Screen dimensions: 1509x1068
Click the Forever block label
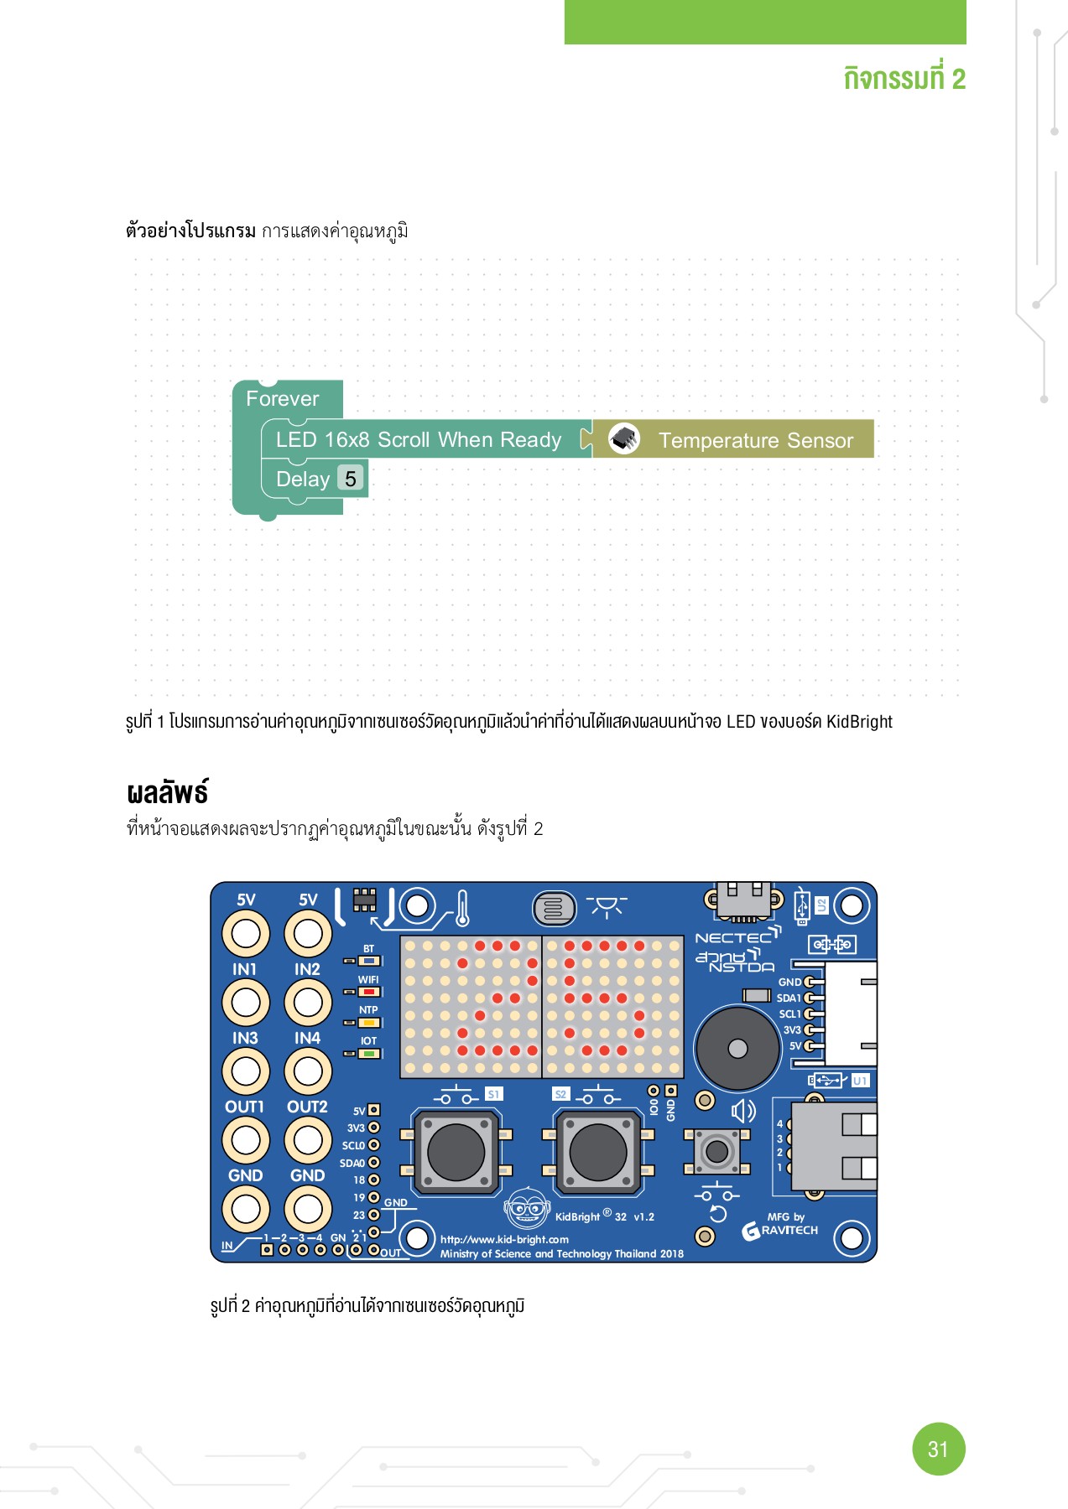(282, 399)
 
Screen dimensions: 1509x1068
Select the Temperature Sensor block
(755, 440)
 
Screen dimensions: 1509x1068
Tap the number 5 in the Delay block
(350, 479)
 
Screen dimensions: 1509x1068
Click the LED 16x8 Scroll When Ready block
(418, 440)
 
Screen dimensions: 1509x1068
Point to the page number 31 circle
(938, 1449)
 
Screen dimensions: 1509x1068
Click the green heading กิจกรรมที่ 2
(904, 79)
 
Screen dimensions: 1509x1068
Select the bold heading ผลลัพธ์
(167, 793)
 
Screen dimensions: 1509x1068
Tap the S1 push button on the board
(456, 1152)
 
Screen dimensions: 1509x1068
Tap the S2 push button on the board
(597, 1152)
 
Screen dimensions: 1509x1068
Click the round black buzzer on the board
(737, 1049)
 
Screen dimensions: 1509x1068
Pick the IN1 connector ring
(245, 1002)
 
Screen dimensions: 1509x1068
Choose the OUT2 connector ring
(307, 1139)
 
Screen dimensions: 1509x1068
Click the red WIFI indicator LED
(369, 992)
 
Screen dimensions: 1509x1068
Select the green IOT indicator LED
(369, 1053)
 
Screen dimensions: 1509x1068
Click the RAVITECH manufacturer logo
(780, 1231)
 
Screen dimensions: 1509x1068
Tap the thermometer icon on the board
(462, 908)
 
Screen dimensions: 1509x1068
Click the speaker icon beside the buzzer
(743, 1112)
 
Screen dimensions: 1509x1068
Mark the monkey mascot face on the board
(526, 1208)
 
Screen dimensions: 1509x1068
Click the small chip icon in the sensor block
(624, 438)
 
